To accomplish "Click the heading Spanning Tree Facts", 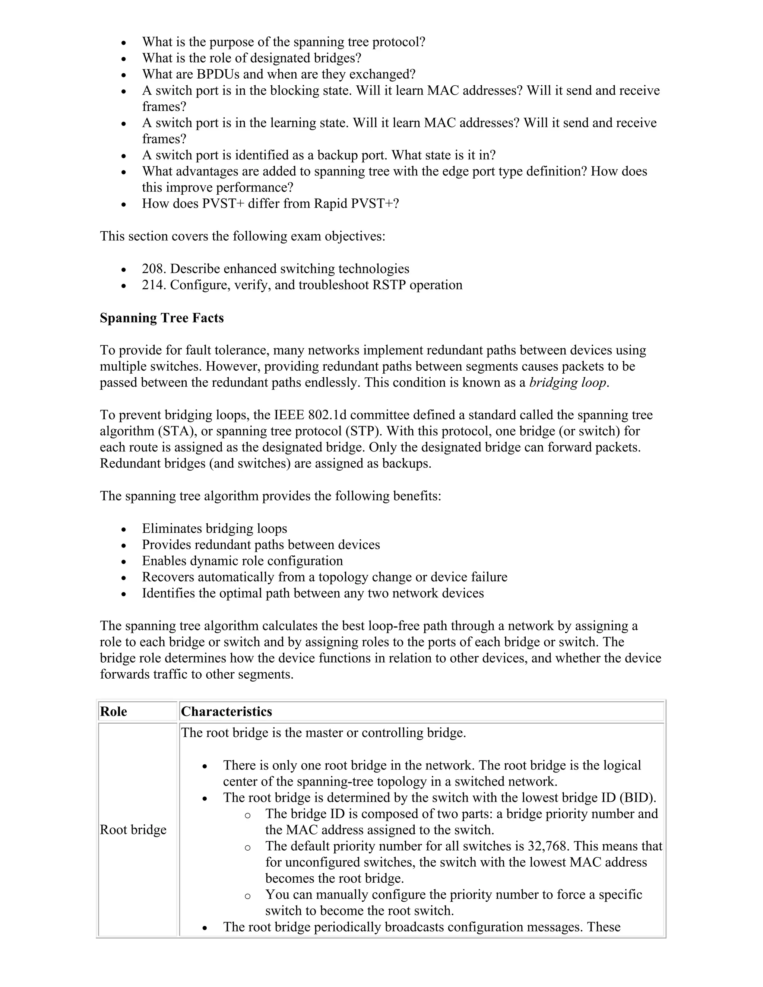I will click(x=161, y=318).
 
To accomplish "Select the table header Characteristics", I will click(x=227, y=712).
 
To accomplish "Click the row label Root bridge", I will click(x=133, y=830).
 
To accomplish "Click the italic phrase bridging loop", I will click(x=568, y=383).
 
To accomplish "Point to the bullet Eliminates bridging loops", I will click(x=214, y=529).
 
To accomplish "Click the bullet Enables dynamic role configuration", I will click(x=242, y=561).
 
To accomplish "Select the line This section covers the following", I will click(x=242, y=237).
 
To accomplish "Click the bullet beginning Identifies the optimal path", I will click(x=313, y=593).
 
